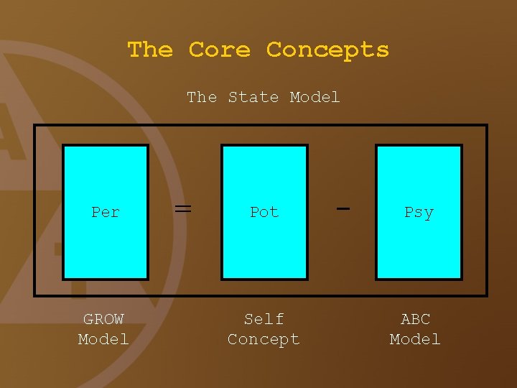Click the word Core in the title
click(x=219, y=50)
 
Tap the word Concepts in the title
click(x=327, y=50)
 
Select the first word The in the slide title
click(x=150, y=50)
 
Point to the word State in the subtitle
click(x=253, y=97)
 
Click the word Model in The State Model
click(x=315, y=97)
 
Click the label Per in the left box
click(x=106, y=212)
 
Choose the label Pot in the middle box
click(x=264, y=212)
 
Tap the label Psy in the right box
click(x=419, y=212)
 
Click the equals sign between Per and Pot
click(x=183, y=208)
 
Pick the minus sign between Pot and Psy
click(x=343, y=208)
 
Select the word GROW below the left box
click(x=103, y=319)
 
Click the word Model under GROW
click(x=103, y=339)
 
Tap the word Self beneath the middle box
click(x=264, y=319)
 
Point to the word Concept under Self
click(x=264, y=339)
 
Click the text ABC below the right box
click(x=415, y=319)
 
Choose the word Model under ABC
click(x=415, y=339)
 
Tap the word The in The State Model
click(x=202, y=97)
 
